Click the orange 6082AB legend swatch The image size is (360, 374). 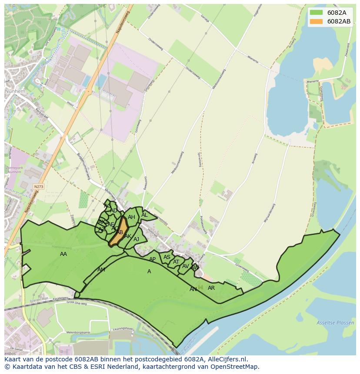[x=317, y=21]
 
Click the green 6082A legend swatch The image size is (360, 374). [x=317, y=13]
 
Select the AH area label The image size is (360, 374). [x=131, y=217]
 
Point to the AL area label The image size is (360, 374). [x=144, y=215]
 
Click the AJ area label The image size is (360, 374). [x=137, y=239]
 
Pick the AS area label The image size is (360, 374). [x=167, y=257]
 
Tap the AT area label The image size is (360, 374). [x=176, y=262]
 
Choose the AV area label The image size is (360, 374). [x=186, y=266]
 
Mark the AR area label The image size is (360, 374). [x=211, y=288]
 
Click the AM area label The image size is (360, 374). [x=101, y=270]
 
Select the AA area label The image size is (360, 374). [x=63, y=254]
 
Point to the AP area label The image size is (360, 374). [x=152, y=260]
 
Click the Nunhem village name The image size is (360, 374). [x=16, y=92]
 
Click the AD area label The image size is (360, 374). [x=113, y=211]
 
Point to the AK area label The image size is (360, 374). [x=128, y=236]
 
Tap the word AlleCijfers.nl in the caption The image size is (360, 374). [x=227, y=360]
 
